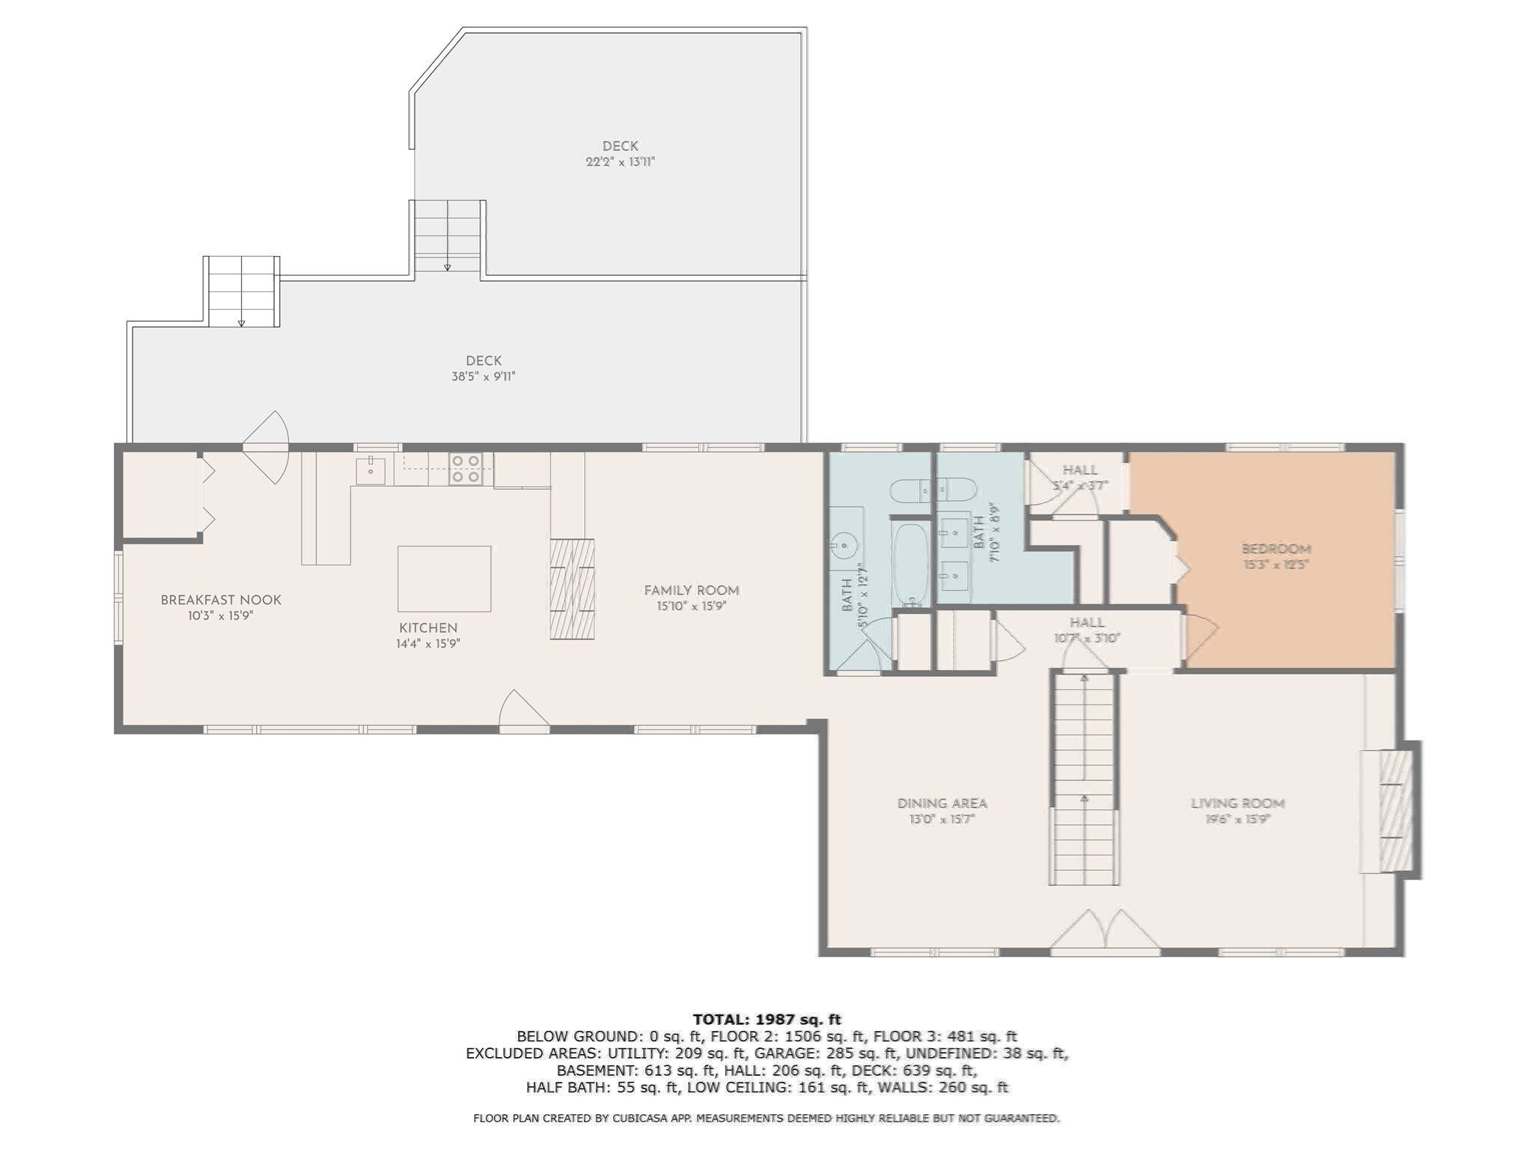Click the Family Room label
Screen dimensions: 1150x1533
[691, 591]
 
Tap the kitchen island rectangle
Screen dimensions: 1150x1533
[444, 579]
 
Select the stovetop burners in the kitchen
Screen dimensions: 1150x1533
[465, 469]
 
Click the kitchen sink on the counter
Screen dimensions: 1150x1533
[370, 470]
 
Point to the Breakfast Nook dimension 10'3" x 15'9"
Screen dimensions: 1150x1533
[221, 616]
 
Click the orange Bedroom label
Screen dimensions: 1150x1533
[1276, 549]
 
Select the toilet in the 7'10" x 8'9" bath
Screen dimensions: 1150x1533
[931, 490]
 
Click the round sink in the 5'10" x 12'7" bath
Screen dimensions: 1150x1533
[844, 544]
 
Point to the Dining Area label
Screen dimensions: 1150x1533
[942, 803]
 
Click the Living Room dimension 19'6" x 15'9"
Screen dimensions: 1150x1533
[1237, 820]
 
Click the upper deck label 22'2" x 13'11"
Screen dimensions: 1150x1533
[620, 162]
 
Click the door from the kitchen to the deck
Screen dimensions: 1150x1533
[266, 447]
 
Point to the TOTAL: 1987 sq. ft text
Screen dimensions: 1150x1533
[766, 1019]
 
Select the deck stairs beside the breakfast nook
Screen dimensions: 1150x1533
[241, 291]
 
